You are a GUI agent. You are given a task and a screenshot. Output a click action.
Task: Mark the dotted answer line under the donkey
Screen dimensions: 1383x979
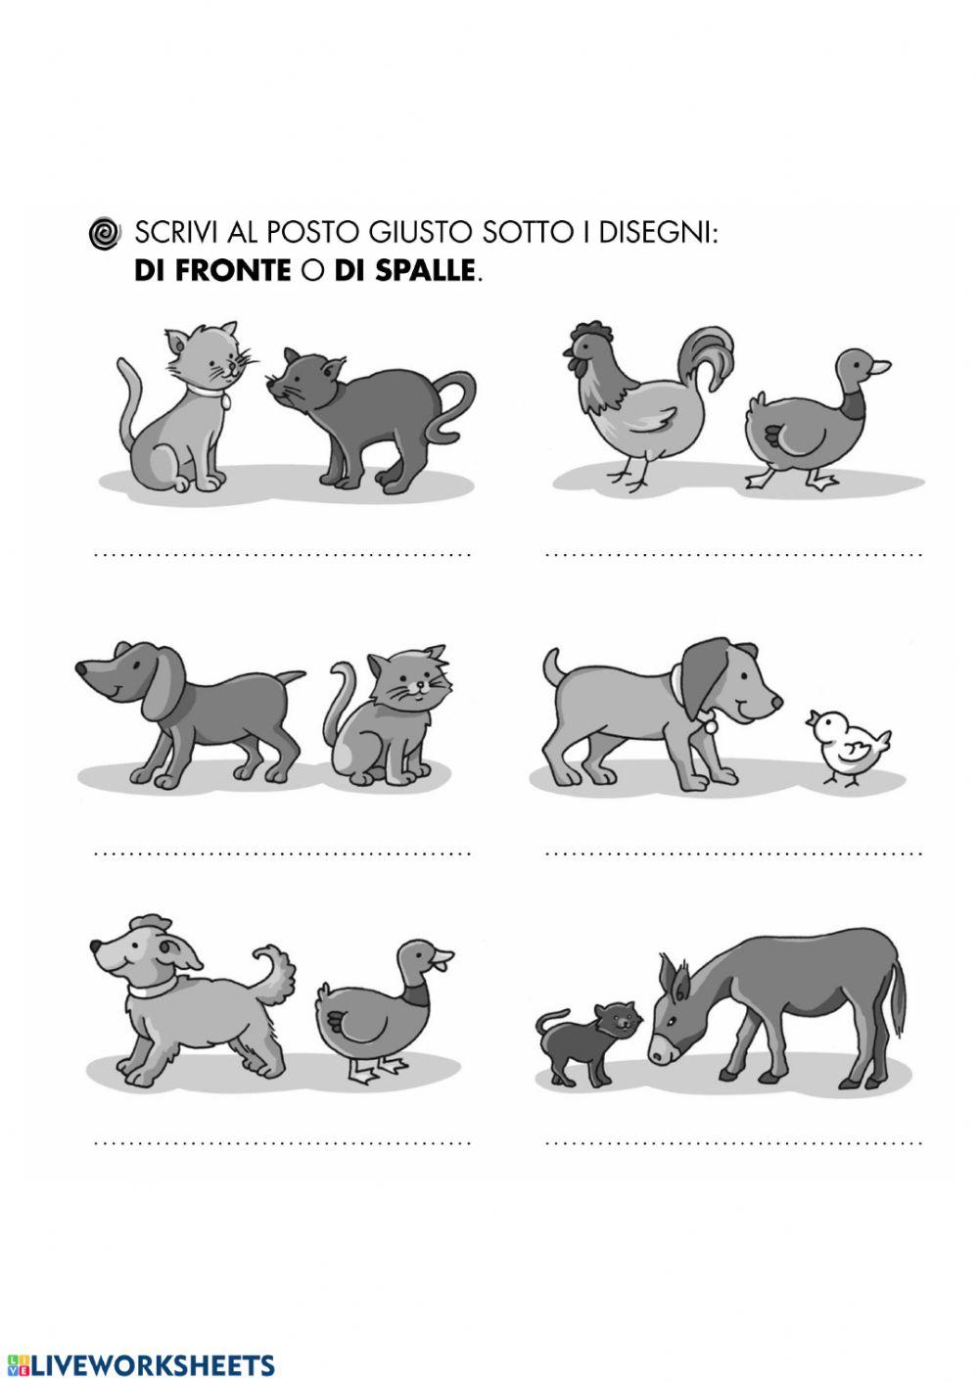click(734, 1142)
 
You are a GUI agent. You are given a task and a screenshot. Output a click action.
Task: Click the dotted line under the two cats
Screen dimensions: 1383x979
click(284, 555)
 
